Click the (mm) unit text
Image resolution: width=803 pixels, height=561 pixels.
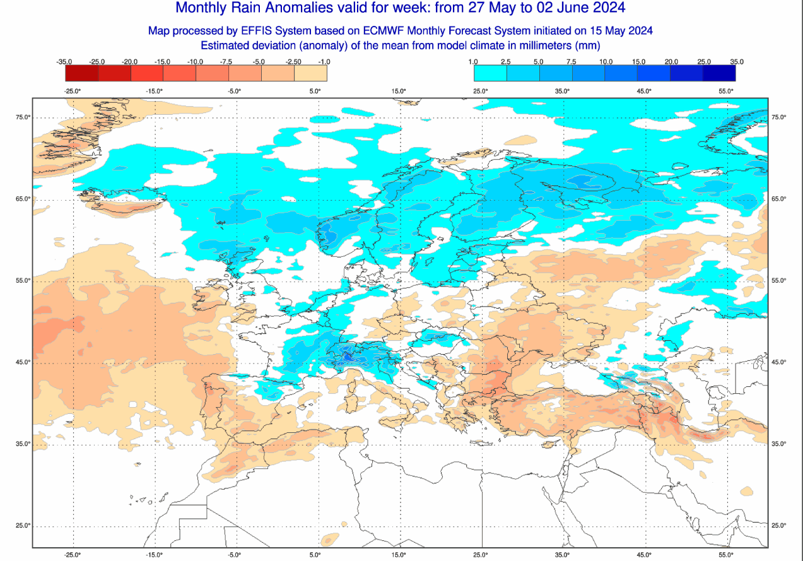click(x=586, y=45)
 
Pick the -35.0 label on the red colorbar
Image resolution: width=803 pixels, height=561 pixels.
click(x=64, y=62)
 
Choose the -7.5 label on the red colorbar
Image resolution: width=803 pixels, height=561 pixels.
click(x=228, y=62)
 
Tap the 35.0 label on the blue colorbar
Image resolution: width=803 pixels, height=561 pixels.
click(x=736, y=62)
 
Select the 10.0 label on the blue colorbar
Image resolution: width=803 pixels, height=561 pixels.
click(x=606, y=62)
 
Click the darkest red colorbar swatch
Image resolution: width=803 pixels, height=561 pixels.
click(x=81, y=73)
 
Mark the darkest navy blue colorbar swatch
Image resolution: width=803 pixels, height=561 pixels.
click(x=719, y=73)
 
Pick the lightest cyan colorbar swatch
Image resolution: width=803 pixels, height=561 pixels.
click(x=490, y=73)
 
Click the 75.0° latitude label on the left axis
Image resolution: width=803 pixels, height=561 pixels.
click(x=23, y=117)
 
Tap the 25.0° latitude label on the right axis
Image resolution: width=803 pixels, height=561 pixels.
click(x=779, y=526)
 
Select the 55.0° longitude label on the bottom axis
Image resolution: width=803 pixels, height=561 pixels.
click(x=726, y=555)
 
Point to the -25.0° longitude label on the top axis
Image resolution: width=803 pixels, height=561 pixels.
click(x=73, y=91)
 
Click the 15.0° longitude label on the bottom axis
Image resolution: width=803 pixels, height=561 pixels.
click(x=399, y=555)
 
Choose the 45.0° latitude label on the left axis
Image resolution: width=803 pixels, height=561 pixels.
click(x=23, y=362)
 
